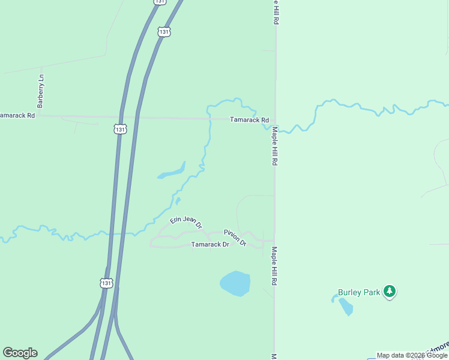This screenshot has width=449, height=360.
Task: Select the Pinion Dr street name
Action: pos(235,238)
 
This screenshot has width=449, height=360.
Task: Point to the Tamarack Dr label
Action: pos(210,245)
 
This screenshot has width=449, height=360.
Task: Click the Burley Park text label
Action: pos(359,292)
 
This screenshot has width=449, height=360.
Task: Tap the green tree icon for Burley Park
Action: pos(390,292)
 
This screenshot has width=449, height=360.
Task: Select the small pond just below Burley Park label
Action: pos(345,307)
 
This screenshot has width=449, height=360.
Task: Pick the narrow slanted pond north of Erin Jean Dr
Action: pos(172,172)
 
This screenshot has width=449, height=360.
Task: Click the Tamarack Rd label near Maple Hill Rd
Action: pos(249,120)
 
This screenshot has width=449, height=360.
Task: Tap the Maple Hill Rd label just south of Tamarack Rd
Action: pos(274,146)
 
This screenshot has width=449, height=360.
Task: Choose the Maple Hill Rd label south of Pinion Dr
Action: pos(274,266)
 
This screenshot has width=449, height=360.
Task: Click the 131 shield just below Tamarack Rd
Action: pos(120,129)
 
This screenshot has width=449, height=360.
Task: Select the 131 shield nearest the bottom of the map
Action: pos(106,283)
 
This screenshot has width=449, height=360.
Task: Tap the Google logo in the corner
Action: pos(20,353)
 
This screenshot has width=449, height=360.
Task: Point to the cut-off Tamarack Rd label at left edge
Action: pos(17,115)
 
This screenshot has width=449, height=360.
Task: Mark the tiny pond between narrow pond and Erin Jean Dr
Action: pos(178,200)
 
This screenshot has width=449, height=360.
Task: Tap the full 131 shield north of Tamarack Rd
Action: pos(164,31)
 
